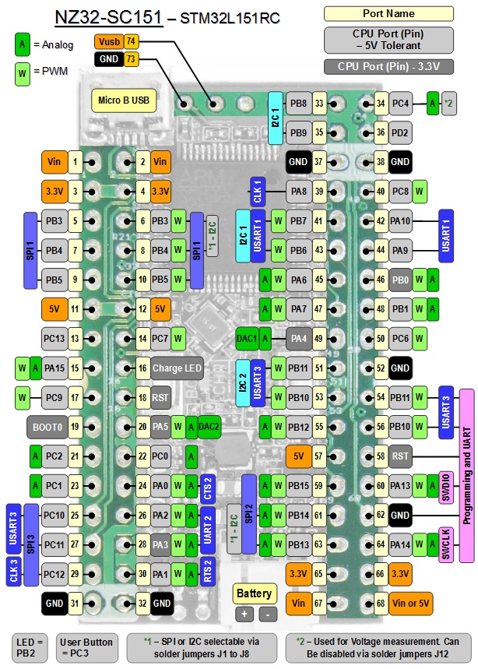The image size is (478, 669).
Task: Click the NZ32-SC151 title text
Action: click(x=108, y=17)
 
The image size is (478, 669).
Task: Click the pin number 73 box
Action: click(x=131, y=59)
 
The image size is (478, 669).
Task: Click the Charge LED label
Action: click(x=177, y=368)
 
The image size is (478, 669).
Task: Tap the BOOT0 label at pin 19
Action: click(x=45, y=427)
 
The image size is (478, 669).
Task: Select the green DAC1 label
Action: click(x=247, y=338)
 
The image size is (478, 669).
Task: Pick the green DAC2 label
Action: click(x=209, y=427)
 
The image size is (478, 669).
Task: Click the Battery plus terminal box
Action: click(x=244, y=614)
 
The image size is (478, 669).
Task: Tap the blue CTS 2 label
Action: click(x=207, y=486)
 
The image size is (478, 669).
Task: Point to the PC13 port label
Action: click(x=53, y=338)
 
